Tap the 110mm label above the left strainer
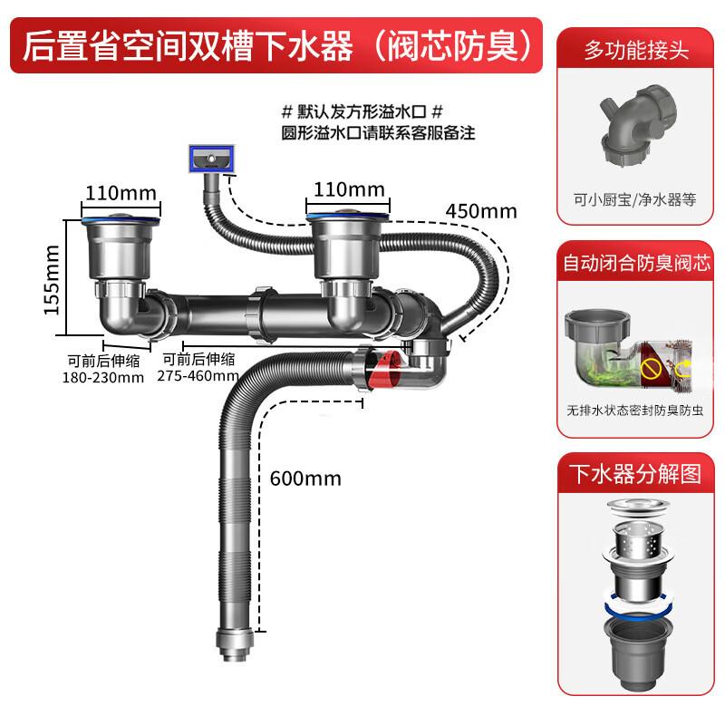(121, 192)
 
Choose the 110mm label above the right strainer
(349, 190)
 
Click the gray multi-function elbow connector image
(633, 128)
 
